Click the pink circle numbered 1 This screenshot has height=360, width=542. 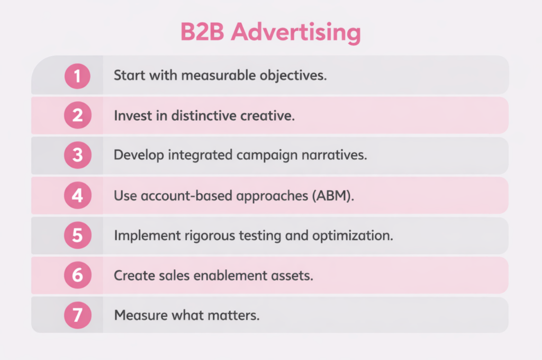click(77, 76)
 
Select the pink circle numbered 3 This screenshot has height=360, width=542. click(77, 156)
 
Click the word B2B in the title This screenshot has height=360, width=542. click(203, 33)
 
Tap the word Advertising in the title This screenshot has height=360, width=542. click(296, 33)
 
